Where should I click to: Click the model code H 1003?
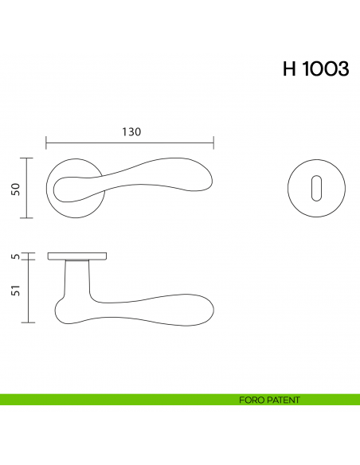click(x=315, y=69)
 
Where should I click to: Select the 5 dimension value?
click(x=14, y=256)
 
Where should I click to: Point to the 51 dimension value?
click(x=14, y=291)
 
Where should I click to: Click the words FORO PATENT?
click(x=269, y=400)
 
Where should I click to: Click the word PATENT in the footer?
click(x=284, y=400)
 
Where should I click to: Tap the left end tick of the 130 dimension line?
click(x=46, y=143)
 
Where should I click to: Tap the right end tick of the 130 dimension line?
click(x=213, y=143)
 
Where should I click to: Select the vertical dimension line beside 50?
click(x=29, y=188)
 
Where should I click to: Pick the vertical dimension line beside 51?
click(x=29, y=291)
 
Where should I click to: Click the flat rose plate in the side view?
click(x=77, y=256)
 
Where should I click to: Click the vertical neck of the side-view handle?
click(x=76, y=279)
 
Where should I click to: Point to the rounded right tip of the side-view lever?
click(x=211, y=312)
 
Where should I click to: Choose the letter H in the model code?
click(x=289, y=69)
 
